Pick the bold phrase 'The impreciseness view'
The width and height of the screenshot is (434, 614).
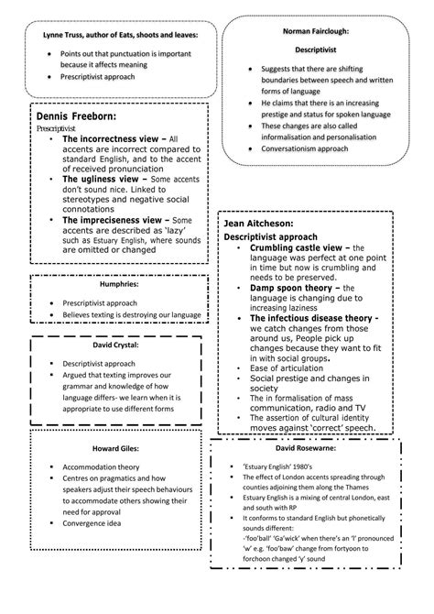tap(114, 220)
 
